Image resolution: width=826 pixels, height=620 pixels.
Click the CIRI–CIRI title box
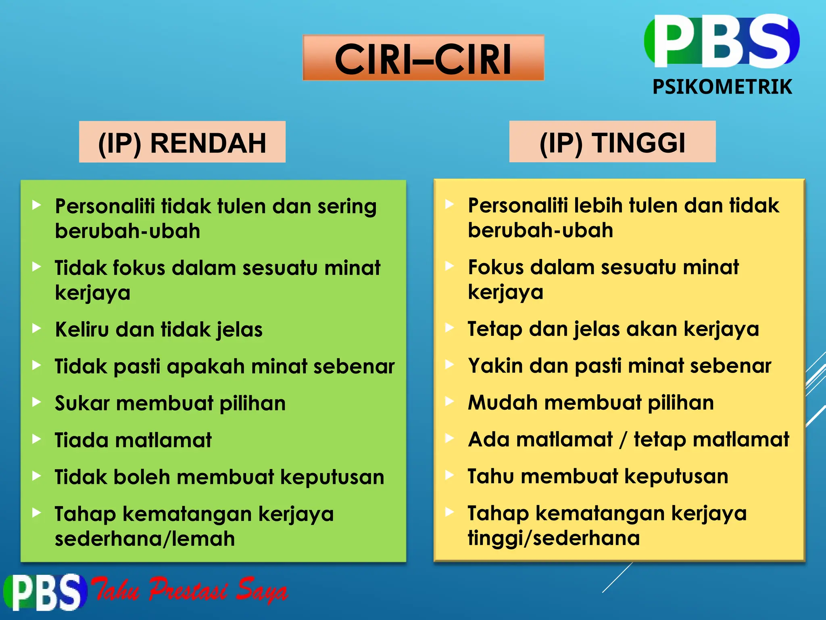click(x=423, y=58)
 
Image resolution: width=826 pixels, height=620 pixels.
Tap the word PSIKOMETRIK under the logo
click(x=722, y=87)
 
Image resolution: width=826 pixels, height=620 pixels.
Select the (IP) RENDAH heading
click(x=182, y=142)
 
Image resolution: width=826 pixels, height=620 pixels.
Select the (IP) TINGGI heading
click(x=612, y=142)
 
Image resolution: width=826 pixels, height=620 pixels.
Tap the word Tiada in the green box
click(x=81, y=440)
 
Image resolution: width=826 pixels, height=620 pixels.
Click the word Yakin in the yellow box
click(x=494, y=366)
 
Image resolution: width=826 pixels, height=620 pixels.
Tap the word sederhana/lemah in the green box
click(x=145, y=539)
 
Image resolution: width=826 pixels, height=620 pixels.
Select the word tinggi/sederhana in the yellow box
click(x=554, y=538)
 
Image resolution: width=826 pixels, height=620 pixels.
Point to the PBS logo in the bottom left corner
click(x=44, y=592)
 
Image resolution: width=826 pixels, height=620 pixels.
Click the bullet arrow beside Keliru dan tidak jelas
click(x=37, y=329)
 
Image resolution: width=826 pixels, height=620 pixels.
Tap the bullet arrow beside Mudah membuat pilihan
click(x=449, y=402)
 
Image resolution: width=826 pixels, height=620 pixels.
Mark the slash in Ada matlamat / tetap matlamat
click(x=623, y=440)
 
